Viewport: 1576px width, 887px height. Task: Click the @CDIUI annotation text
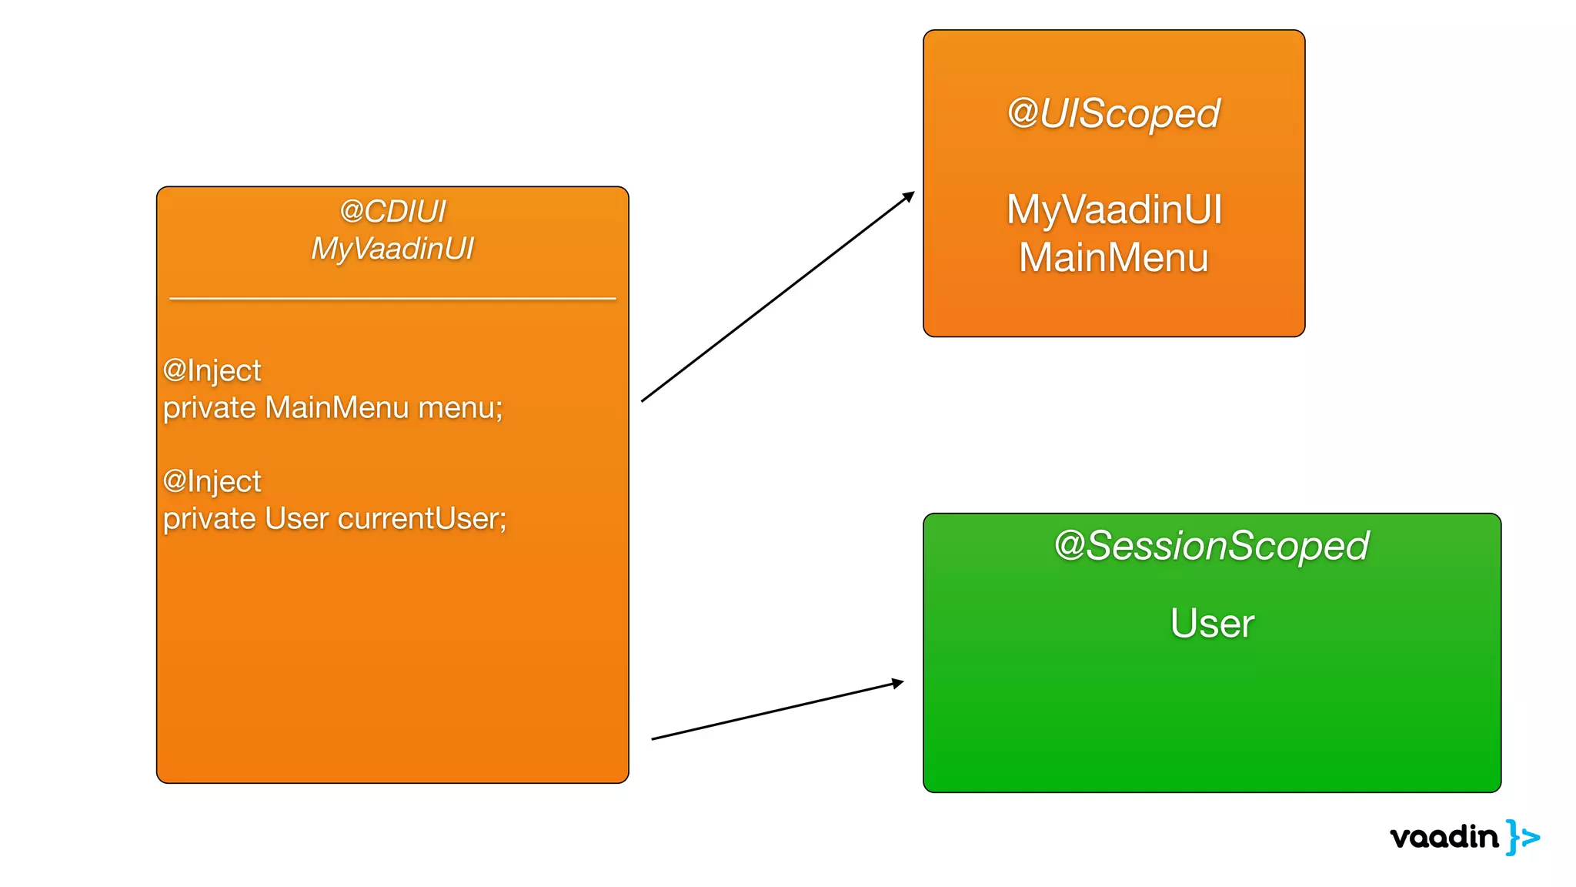[392, 212]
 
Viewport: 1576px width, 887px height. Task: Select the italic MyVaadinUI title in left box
[392, 249]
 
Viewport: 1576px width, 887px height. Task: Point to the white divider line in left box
[392, 298]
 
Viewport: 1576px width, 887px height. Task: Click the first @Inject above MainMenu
[212, 371]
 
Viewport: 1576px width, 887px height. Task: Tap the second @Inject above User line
[212, 482]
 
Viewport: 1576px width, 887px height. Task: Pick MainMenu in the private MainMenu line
[336, 408]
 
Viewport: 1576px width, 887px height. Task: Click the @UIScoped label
[1114, 114]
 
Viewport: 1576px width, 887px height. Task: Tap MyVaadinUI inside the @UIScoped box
[1114, 209]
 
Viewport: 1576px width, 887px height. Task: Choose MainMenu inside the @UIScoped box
[1114, 258]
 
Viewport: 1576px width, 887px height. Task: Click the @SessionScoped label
[1211, 546]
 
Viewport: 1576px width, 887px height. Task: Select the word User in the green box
[1212, 623]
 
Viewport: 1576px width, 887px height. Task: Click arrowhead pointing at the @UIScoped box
[910, 196]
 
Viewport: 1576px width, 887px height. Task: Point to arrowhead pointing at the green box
[898, 683]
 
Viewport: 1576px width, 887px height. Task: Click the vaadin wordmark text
[1444, 837]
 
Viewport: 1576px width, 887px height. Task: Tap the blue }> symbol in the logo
[1523, 837]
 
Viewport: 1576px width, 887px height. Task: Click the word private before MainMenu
[209, 408]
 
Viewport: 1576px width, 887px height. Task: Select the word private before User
[209, 519]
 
